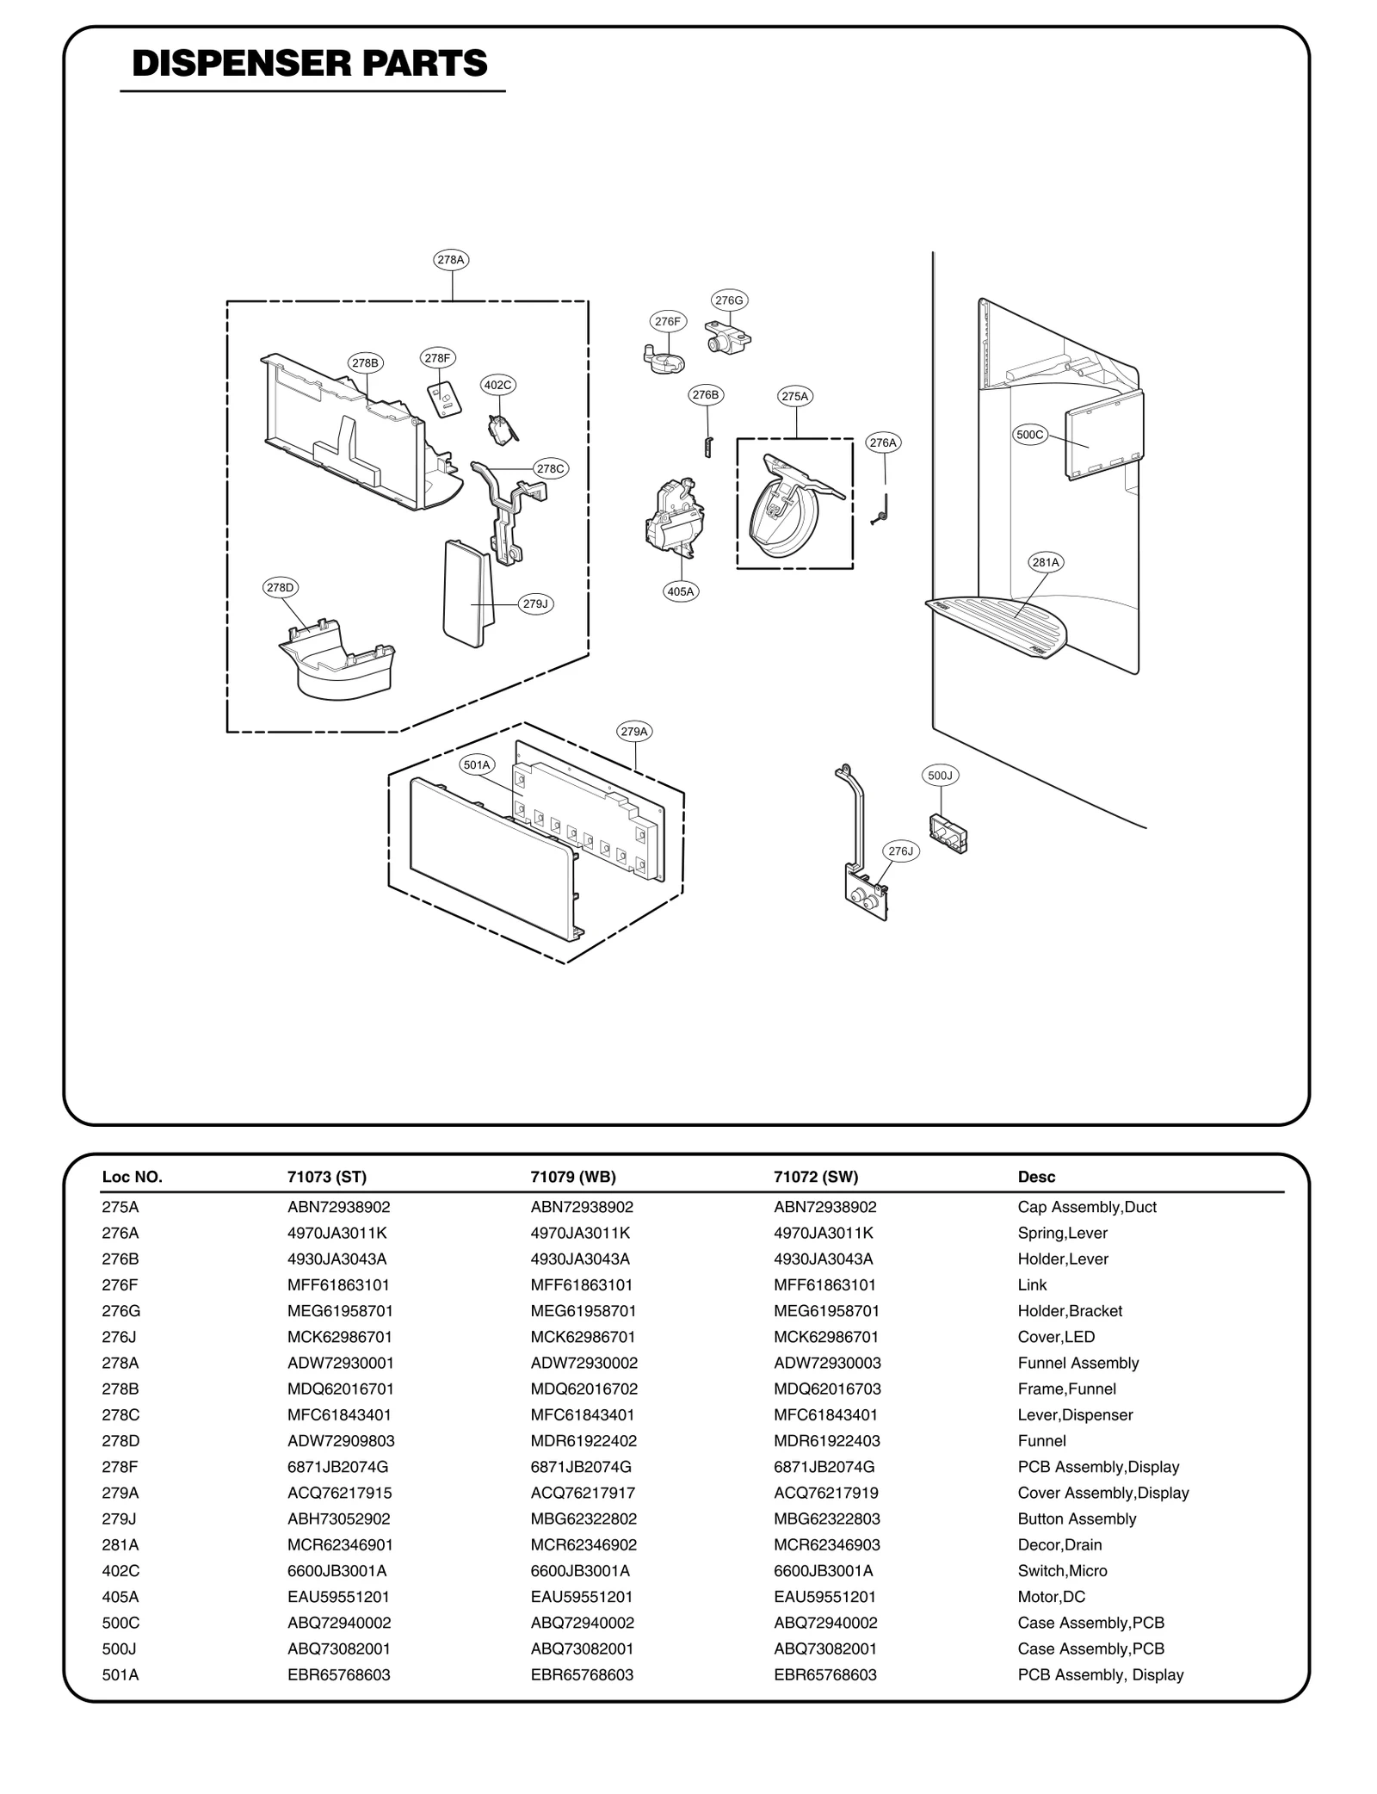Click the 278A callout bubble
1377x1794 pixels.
click(451, 259)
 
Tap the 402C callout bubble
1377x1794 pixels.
click(498, 385)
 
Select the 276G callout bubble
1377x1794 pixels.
click(729, 300)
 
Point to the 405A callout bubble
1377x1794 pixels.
click(681, 591)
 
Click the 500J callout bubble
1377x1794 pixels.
click(941, 776)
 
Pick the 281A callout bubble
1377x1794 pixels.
click(1046, 562)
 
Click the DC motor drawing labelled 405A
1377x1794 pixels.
click(675, 517)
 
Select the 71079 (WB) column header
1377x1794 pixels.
click(573, 1177)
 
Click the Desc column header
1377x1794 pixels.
click(1036, 1177)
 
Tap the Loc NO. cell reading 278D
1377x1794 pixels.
click(120, 1440)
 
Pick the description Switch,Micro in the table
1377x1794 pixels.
click(1062, 1570)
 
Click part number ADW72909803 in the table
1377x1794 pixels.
click(341, 1440)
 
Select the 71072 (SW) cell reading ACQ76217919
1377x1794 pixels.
click(825, 1493)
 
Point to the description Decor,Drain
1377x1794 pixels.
click(1059, 1544)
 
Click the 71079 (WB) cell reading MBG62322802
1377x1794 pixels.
click(584, 1519)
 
